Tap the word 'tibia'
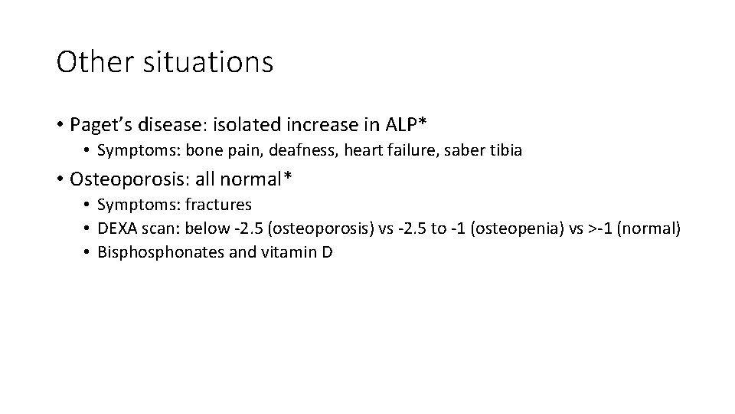(506, 150)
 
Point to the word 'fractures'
(218, 205)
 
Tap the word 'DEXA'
(117, 228)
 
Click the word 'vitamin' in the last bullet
(292, 251)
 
